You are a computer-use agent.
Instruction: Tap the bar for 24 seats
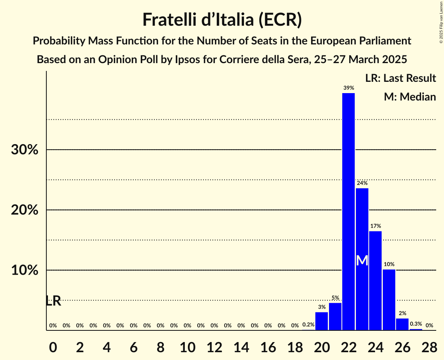(x=375, y=281)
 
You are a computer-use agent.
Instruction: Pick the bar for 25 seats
(x=389, y=300)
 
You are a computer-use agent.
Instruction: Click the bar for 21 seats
(x=335, y=316)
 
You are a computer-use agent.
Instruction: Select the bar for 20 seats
(x=322, y=321)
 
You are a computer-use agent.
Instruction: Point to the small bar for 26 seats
(x=402, y=324)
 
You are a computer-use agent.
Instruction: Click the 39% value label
(x=348, y=88)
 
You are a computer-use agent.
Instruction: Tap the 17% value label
(x=375, y=226)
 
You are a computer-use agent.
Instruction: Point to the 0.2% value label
(x=308, y=325)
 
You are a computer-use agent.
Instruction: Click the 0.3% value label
(x=416, y=324)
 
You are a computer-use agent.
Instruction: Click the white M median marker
(x=362, y=260)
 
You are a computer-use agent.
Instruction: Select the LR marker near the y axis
(x=53, y=301)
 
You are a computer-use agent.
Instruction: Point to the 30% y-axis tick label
(x=25, y=150)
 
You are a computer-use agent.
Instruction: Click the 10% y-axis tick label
(x=25, y=270)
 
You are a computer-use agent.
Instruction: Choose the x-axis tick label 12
(x=214, y=346)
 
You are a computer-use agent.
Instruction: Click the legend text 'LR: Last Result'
(x=400, y=78)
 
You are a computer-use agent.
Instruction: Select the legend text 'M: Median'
(x=410, y=97)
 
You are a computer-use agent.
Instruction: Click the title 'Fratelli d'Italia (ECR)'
(x=222, y=20)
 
